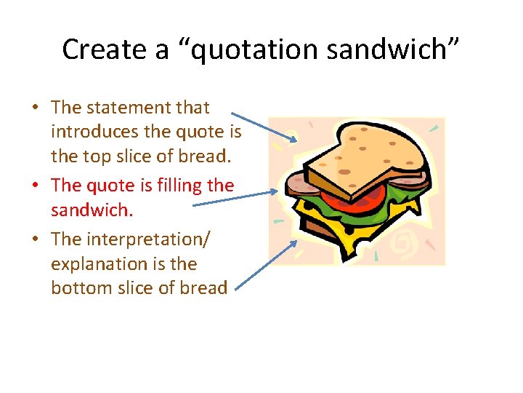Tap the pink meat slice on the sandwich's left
click(299, 185)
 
